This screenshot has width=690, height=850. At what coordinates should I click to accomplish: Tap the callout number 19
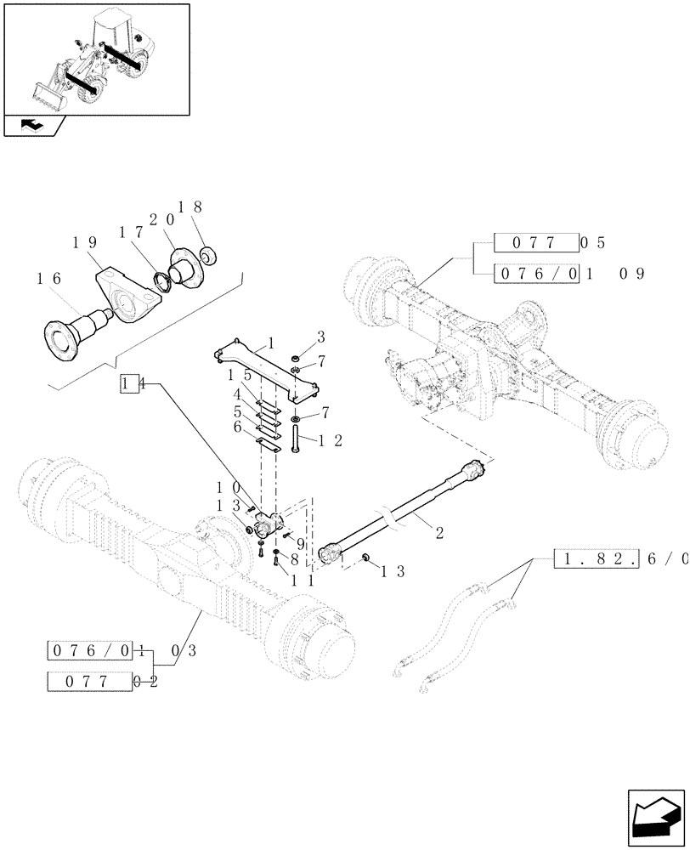point(84,243)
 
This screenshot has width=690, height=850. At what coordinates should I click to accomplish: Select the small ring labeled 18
point(207,253)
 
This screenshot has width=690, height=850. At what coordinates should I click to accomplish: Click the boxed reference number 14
point(129,383)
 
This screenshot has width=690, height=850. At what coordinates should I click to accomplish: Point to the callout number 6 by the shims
point(240,428)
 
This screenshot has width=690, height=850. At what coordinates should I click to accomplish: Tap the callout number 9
point(300,543)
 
